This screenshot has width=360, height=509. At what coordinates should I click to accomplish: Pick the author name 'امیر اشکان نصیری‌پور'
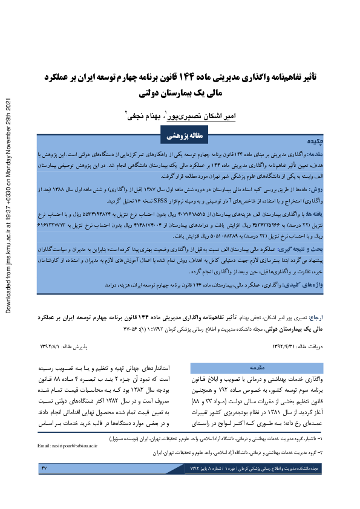[204, 114]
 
